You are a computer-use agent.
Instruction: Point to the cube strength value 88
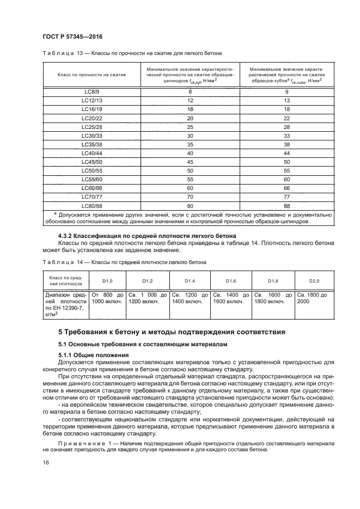click(x=286, y=205)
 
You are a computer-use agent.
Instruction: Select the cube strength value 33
click(x=286, y=136)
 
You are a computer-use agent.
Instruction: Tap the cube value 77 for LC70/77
click(x=286, y=197)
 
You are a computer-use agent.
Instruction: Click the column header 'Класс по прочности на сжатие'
click(x=91, y=74)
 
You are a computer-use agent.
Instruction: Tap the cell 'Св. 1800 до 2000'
click(x=313, y=298)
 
